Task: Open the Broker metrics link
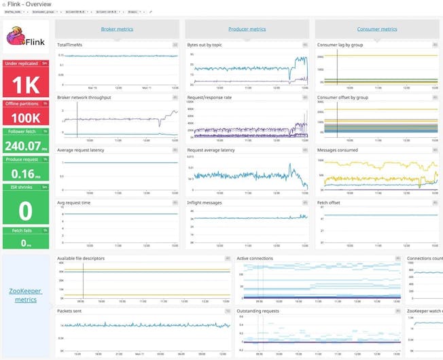point(117,29)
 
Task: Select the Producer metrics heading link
point(247,29)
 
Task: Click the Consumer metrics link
point(377,29)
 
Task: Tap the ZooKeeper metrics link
point(26,295)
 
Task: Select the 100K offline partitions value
point(25,117)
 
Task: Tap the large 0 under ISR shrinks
point(25,211)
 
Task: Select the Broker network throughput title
point(84,97)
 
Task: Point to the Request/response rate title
point(209,97)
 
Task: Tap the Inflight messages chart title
point(206,202)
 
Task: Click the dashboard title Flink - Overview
point(29,4)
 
